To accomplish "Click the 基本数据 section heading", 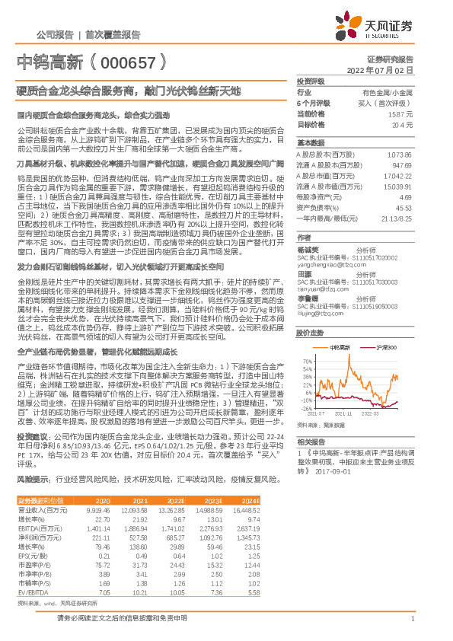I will (x=310, y=143).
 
